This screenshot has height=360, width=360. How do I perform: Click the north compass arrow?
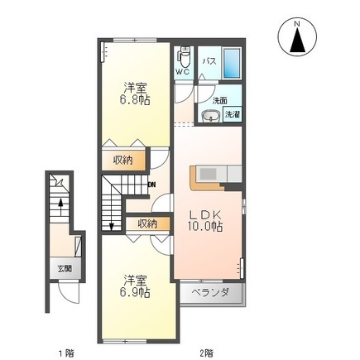(x=297, y=41)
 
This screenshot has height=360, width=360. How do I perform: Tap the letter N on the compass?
(x=297, y=24)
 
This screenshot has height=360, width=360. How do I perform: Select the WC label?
(x=183, y=72)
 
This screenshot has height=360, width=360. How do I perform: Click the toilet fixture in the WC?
(x=184, y=56)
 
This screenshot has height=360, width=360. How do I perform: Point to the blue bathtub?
(x=231, y=64)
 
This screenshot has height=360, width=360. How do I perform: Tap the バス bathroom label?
(x=209, y=61)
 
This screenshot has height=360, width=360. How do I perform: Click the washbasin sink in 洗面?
(x=211, y=116)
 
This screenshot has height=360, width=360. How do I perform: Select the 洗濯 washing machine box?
(x=233, y=114)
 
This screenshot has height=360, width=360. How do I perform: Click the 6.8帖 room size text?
(x=135, y=100)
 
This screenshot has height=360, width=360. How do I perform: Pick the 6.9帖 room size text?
(x=135, y=292)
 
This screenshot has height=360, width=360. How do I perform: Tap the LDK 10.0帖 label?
(x=205, y=221)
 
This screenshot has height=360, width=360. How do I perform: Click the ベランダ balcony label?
(x=210, y=292)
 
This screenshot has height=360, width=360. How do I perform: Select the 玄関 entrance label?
(x=65, y=268)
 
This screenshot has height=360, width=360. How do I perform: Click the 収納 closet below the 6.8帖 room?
(x=122, y=160)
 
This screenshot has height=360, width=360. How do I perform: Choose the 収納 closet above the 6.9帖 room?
(x=148, y=223)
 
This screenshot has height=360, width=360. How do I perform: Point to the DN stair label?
(x=152, y=185)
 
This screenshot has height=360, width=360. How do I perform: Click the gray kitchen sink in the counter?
(x=209, y=174)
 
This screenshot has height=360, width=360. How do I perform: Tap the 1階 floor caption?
(x=66, y=353)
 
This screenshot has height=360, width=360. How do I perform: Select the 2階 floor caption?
(x=206, y=353)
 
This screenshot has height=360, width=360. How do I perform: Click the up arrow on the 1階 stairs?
(x=60, y=207)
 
